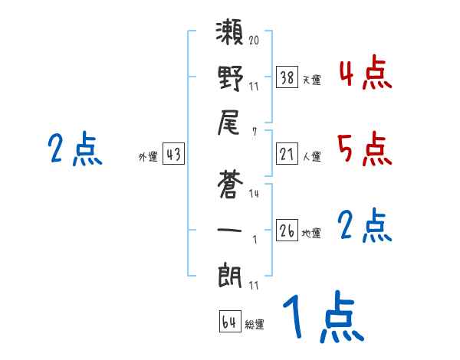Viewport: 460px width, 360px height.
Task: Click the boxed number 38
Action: tap(287, 77)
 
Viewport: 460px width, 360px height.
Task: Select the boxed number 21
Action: tap(287, 154)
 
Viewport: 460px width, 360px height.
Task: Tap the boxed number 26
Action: tap(287, 231)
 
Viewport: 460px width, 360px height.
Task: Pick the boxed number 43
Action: tap(173, 154)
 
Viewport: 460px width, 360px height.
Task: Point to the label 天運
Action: tap(311, 80)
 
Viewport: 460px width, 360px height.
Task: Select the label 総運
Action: tap(255, 325)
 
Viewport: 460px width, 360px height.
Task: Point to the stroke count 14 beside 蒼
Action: tap(254, 195)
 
